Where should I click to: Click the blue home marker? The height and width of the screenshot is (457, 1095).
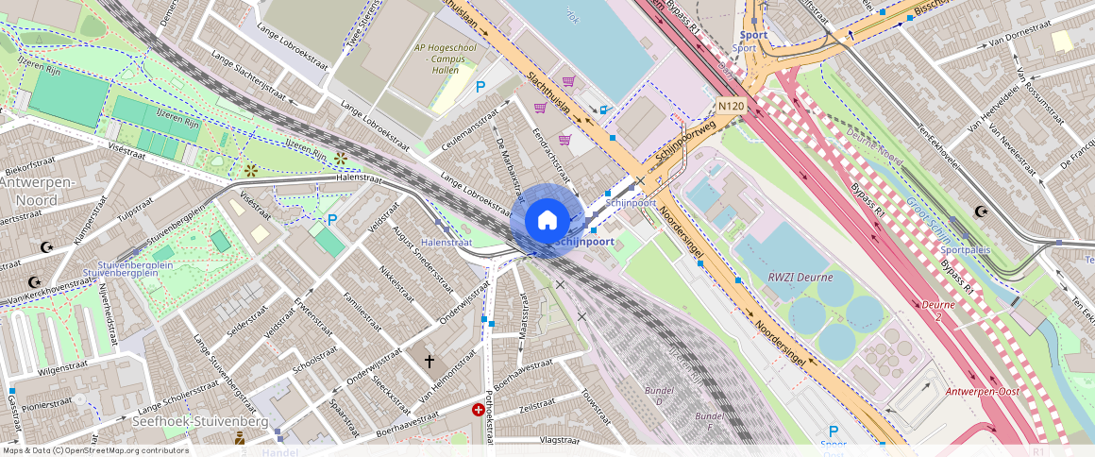pyautogui.click(x=547, y=221)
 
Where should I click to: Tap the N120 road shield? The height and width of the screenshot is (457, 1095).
pyautogui.click(x=730, y=107)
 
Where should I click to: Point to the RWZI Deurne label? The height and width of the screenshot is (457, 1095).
pyautogui.click(x=783, y=277)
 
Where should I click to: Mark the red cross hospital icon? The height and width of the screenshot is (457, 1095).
pyautogui.click(x=479, y=410)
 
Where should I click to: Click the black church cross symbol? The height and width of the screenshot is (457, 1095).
pyautogui.click(x=430, y=361)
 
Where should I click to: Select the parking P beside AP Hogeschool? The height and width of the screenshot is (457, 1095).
pyautogui.click(x=480, y=87)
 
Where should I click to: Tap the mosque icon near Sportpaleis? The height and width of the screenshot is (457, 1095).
pyautogui.click(x=981, y=212)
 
